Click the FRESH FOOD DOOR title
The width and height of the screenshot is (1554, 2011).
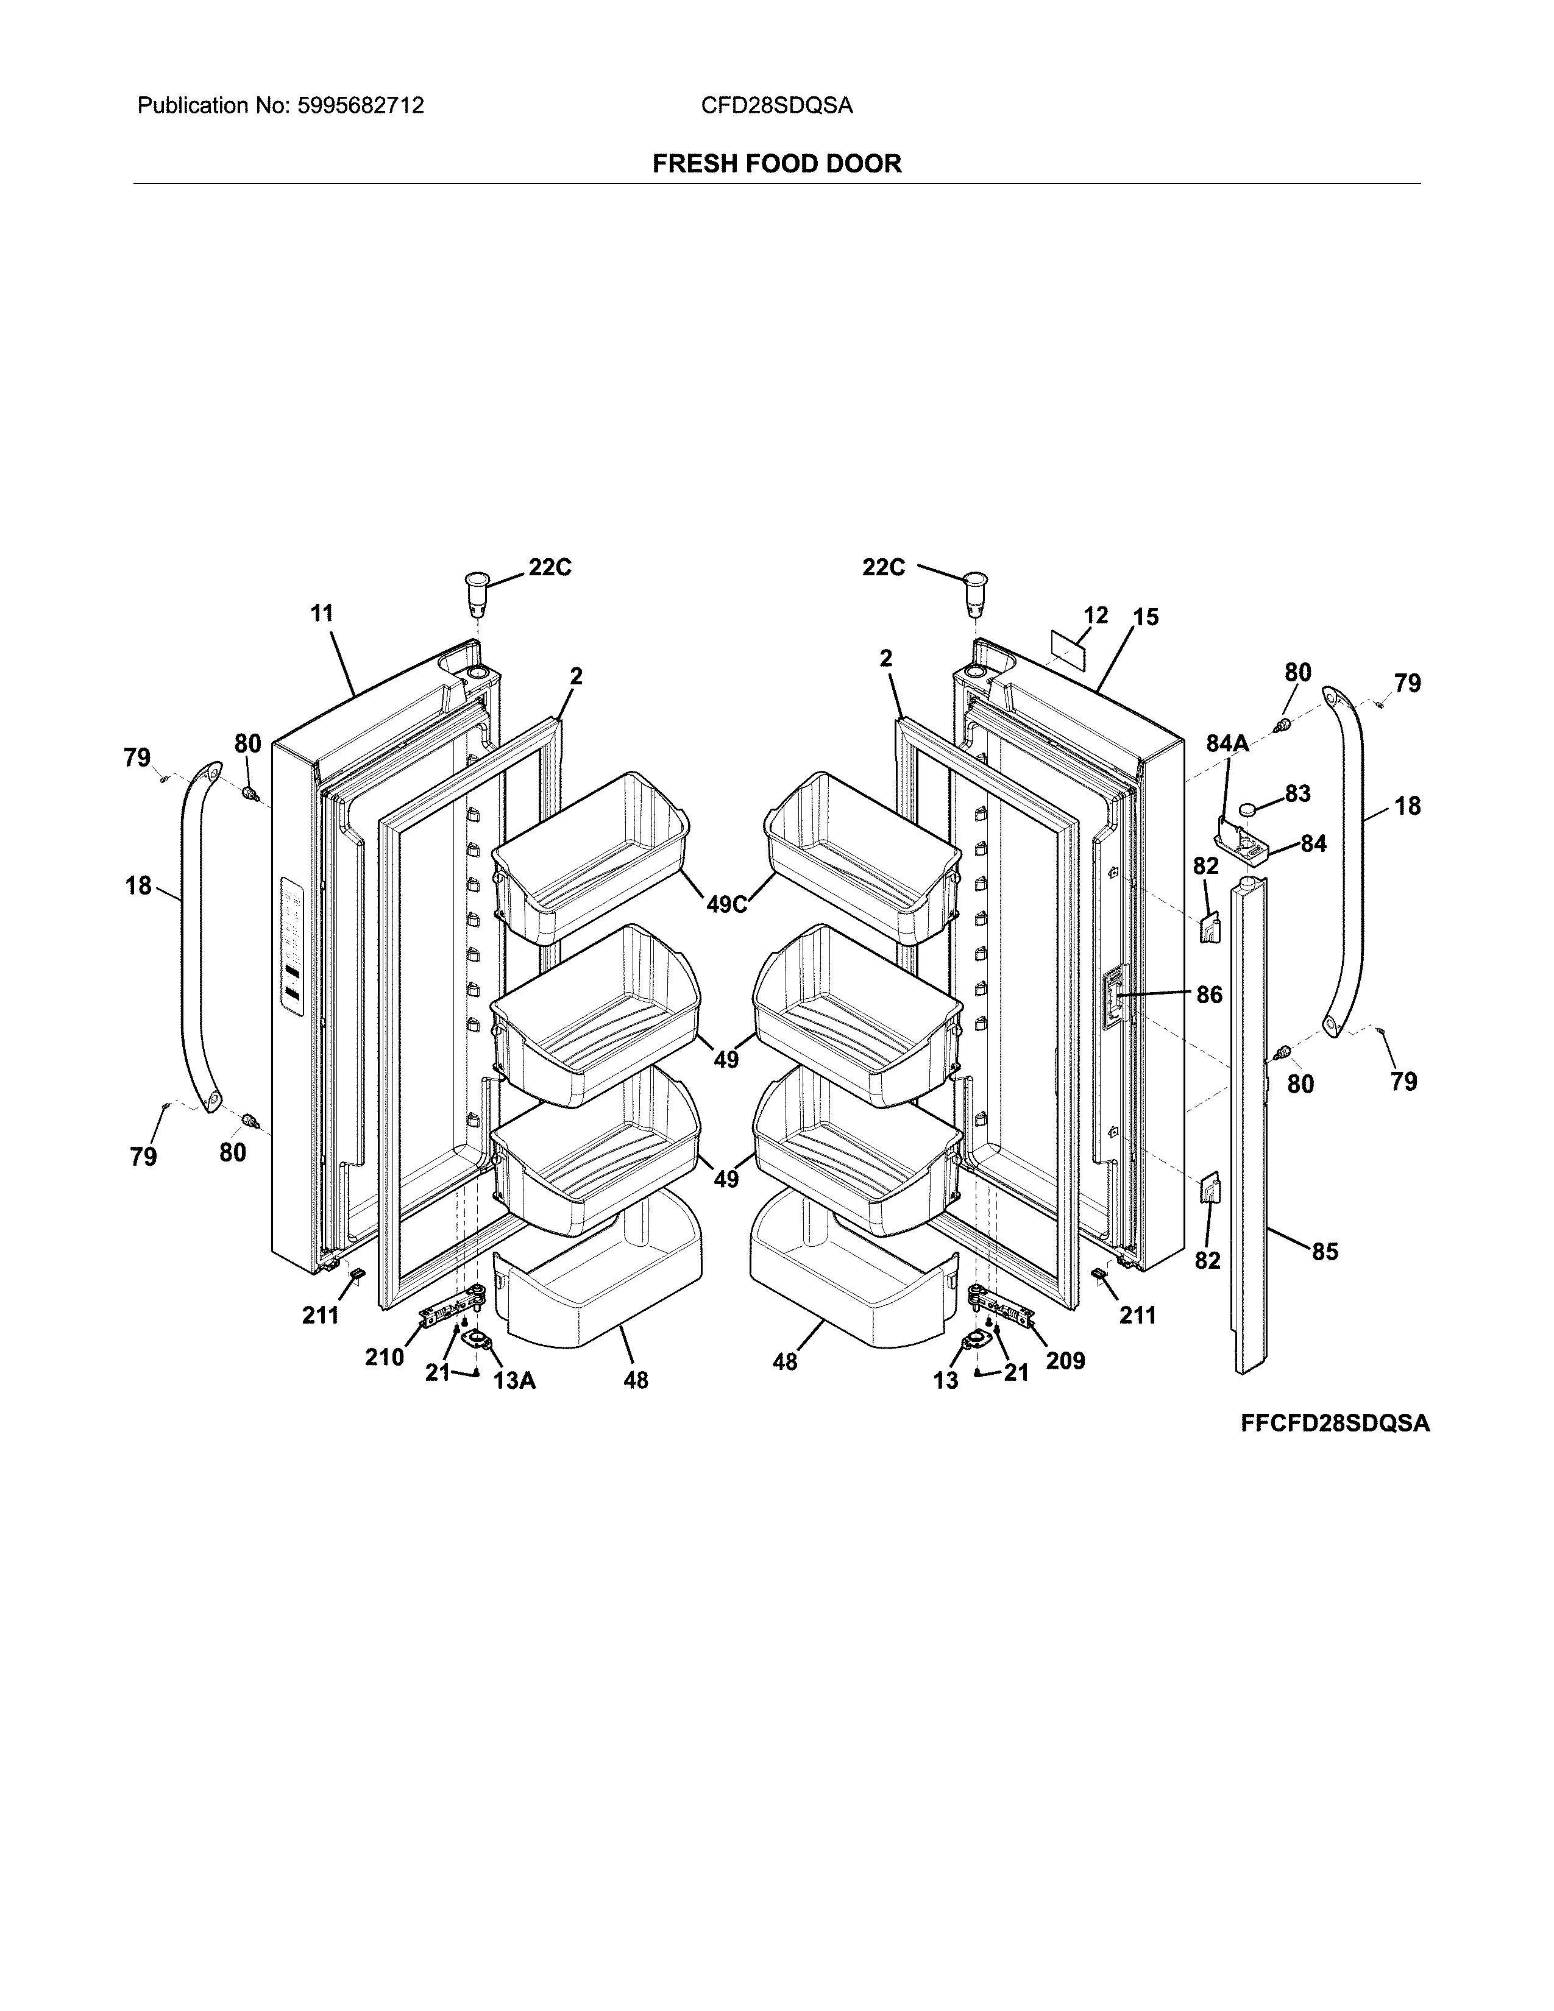pos(777,164)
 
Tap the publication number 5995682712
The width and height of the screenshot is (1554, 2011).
pos(360,106)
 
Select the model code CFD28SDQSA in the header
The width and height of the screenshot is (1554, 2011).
pos(777,106)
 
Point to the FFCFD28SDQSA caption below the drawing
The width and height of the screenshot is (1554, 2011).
pos(1335,1424)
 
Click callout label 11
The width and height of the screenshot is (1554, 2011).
pos(321,613)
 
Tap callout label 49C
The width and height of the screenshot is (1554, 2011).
pos(727,904)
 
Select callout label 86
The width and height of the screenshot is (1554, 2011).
pos(1209,995)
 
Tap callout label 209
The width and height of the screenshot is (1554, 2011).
pos(1065,1360)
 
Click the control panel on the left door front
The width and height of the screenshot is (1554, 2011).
pos(293,946)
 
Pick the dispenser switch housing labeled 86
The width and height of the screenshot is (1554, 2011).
pos(1115,995)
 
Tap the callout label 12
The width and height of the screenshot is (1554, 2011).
pos(1096,614)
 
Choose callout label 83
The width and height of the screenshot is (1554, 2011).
pos(1297,793)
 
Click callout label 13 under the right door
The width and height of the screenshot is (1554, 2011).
pos(945,1380)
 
